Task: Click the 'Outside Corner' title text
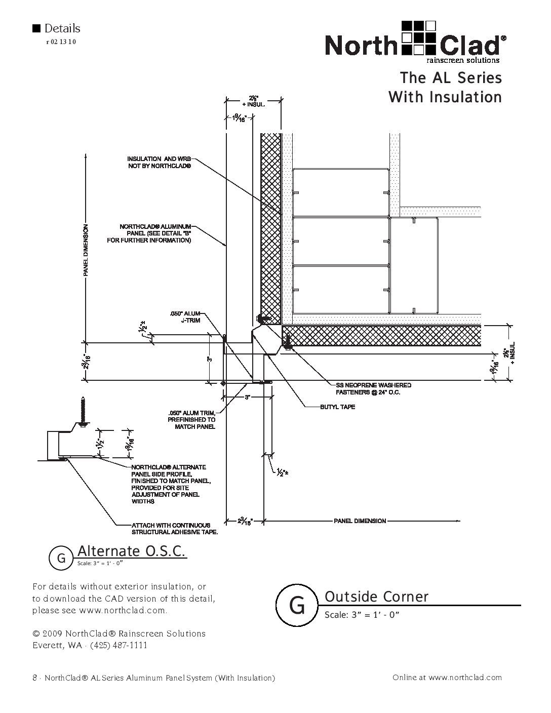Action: pos(376,597)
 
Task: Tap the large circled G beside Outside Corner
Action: pos(297,605)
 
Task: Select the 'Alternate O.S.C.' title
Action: pos(131,551)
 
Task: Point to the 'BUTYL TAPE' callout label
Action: pos(337,407)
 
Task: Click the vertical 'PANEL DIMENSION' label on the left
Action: pos(86,250)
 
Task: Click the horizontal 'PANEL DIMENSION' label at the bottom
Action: pos(360,521)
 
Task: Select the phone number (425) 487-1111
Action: pos(119,645)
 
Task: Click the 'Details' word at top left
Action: pos(62,28)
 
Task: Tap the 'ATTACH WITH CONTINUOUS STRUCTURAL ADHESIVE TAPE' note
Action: pos(175,529)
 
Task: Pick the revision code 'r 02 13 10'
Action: pos(61,42)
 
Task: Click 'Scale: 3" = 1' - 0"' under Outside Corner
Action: pos(362,615)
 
